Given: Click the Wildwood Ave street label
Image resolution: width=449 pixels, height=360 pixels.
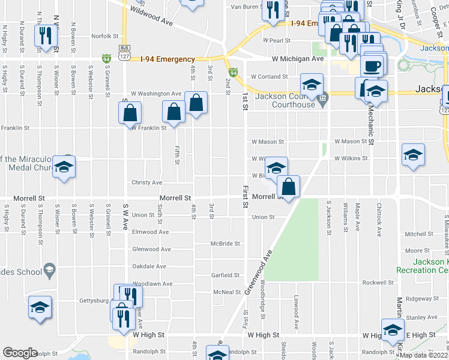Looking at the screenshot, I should pos(151,14).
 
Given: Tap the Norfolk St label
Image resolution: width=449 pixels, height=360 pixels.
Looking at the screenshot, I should pos(105,36).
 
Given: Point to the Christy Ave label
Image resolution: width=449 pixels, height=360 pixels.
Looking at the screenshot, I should pos(147,182).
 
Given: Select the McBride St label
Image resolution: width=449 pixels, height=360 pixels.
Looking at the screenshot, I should pos(225,244).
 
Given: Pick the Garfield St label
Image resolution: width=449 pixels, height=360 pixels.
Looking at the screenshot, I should pos(225,275).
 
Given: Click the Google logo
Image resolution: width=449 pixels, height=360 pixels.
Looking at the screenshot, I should pos(20,353).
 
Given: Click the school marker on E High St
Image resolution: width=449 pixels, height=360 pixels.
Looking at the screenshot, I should pos(393,330).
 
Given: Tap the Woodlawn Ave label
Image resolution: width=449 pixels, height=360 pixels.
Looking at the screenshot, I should pos(152,283).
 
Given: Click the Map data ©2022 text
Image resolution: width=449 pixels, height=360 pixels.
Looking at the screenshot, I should pos(424,355).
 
